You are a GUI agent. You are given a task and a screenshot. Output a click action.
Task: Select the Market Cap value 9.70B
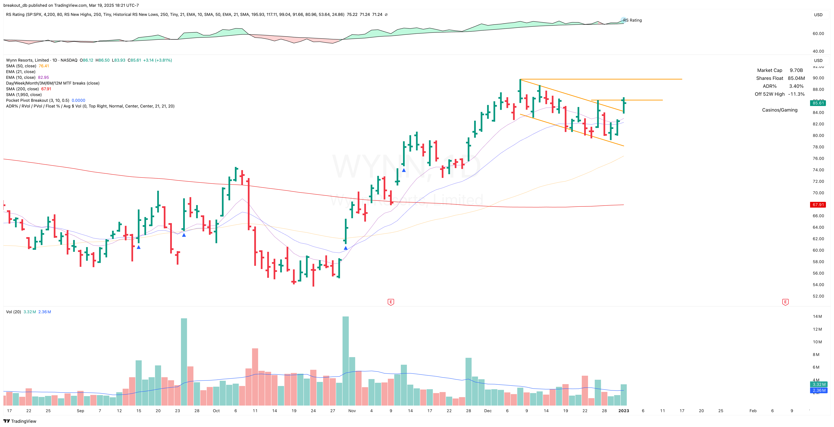(x=796, y=70)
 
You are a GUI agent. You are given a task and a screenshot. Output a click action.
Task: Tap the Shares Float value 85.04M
(x=796, y=78)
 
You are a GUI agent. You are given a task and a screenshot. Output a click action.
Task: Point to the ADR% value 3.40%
(x=796, y=86)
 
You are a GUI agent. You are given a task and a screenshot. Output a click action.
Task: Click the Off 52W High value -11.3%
(x=796, y=94)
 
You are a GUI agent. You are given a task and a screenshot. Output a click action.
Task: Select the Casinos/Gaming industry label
(x=780, y=110)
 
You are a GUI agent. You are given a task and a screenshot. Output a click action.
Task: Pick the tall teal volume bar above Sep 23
(x=184, y=362)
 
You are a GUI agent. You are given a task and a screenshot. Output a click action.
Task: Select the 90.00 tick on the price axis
(x=818, y=78)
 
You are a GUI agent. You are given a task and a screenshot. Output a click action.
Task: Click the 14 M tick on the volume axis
(x=817, y=316)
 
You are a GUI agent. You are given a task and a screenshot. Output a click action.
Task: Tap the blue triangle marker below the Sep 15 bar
(x=138, y=247)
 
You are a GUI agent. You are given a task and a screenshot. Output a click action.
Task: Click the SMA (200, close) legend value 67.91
(x=46, y=89)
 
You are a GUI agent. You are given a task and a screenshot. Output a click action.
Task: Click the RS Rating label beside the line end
(x=632, y=20)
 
